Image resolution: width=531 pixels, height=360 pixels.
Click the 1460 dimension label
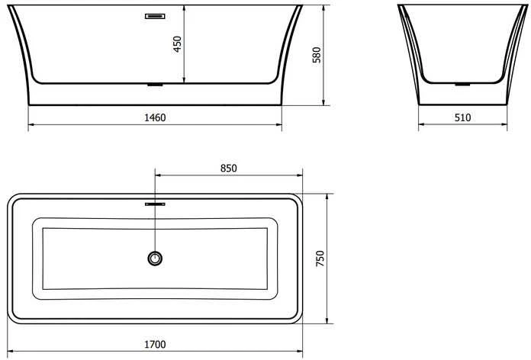point(155,117)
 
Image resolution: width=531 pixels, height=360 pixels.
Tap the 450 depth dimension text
point(177,44)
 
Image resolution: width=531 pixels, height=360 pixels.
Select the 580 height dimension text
point(317,55)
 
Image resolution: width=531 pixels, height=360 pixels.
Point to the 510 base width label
point(462,117)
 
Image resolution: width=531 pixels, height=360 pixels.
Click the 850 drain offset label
point(229,168)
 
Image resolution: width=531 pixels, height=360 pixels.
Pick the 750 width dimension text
point(320,259)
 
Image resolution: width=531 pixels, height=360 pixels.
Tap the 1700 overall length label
point(155,345)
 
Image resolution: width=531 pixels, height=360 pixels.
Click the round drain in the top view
point(155,259)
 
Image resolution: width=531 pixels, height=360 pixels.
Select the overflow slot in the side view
point(155,16)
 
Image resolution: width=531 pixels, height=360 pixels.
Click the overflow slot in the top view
point(155,204)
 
